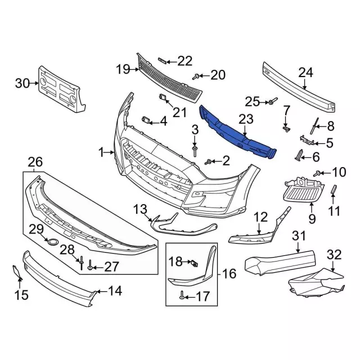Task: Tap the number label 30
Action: [22, 83]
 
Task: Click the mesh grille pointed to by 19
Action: [170, 79]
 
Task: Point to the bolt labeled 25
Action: [273, 101]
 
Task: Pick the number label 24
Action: [305, 73]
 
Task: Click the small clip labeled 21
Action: [163, 97]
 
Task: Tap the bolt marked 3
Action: [195, 151]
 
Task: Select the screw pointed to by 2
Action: [208, 162]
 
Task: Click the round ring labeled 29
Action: [53, 241]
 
